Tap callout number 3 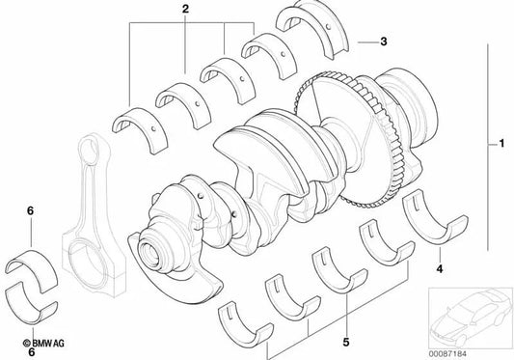point(384,42)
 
